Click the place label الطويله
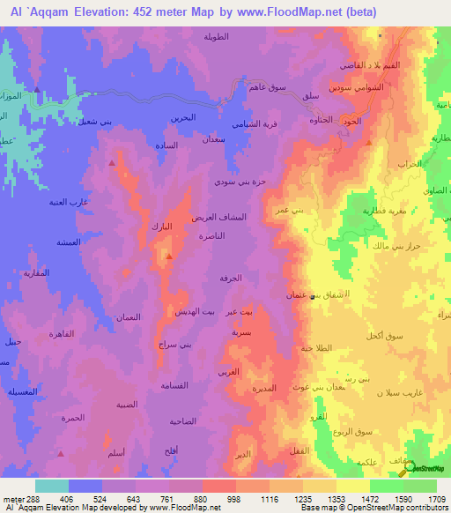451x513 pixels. pyautogui.click(x=217, y=37)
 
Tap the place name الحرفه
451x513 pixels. pyautogui.click(x=231, y=278)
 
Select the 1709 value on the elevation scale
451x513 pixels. pyautogui.click(x=438, y=499)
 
